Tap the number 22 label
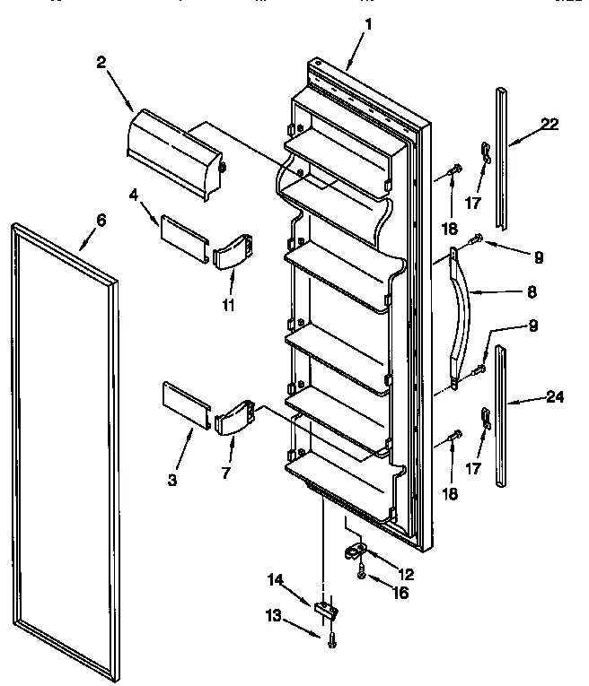549,125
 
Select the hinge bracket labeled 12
355,550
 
